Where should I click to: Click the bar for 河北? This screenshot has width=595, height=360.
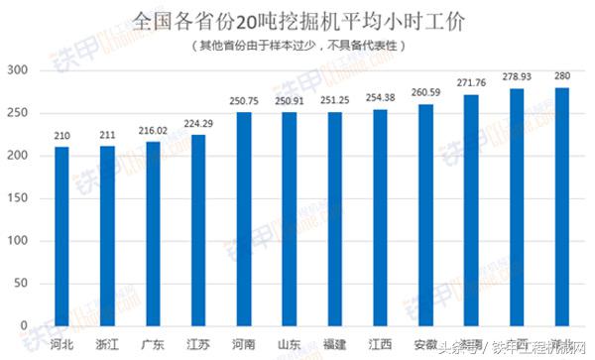(61, 236)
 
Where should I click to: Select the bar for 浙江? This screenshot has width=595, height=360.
(106, 236)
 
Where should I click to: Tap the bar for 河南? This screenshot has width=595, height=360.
(243, 219)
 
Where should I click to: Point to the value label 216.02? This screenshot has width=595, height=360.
(152, 131)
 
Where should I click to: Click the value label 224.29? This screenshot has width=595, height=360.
(197, 124)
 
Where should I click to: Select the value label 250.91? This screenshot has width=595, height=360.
(289, 101)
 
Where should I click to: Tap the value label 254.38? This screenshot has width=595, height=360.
(379, 98)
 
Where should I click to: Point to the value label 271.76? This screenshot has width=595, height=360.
(470, 83)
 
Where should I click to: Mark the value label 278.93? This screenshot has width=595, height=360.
(516, 77)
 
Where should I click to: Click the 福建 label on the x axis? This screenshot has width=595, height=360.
(334, 344)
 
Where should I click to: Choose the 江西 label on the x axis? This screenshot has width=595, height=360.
(379, 344)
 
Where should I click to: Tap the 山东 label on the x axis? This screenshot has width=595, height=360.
(289, 344)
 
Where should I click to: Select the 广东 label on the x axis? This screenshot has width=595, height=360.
(152, 344)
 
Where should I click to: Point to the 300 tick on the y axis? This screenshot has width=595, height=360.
(18, 70)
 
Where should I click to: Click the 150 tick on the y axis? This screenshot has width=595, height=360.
(18, 198)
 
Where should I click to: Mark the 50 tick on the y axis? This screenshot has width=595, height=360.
(21, 283)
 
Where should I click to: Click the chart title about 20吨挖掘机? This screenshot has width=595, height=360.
(297, 20)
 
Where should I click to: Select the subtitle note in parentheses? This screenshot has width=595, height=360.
(297, 46)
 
